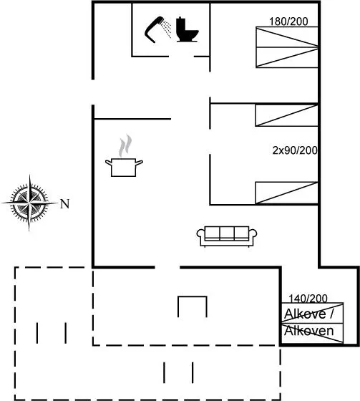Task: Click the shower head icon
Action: coord(153,29)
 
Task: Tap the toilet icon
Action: coord(187,29)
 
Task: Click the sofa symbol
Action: coord(227,236)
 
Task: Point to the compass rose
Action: coord(29,203)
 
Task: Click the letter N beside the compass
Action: coord(65,204)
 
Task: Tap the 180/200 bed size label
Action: coord(288,21)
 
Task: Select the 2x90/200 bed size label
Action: coord(295,150)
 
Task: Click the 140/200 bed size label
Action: coord(308,298)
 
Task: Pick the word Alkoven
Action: coord(309,331)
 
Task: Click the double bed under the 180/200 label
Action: coord(287,47)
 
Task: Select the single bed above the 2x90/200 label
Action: coord(286,115)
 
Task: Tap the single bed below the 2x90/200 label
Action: coord(286,193)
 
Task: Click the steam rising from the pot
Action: coord(125,146)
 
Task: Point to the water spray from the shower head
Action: coord(167,29)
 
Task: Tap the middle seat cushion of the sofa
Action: coord(227,233)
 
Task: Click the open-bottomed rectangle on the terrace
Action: coord(193,296)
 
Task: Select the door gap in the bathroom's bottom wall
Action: coord(181,57)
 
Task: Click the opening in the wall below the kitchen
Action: coord(167,267)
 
